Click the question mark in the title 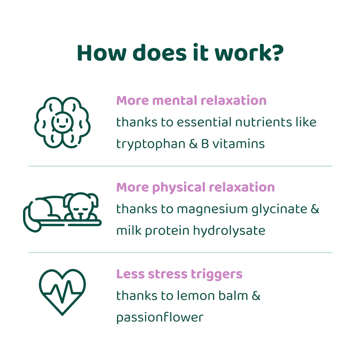tap(276, 53)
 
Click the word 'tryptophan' tap(149, 144)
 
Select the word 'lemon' tap(195, 296)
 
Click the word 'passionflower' tap(160, 318)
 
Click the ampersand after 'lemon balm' tap(256, 296)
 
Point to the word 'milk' tap(129, 230)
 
